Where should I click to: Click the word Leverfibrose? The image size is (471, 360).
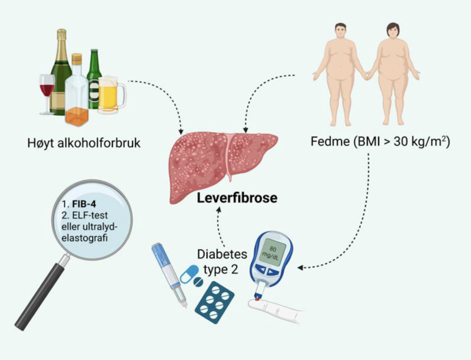pyautogui.click(x=237, y=198)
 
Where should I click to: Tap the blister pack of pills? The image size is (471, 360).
pyautogui.click(x=215, y=300)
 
